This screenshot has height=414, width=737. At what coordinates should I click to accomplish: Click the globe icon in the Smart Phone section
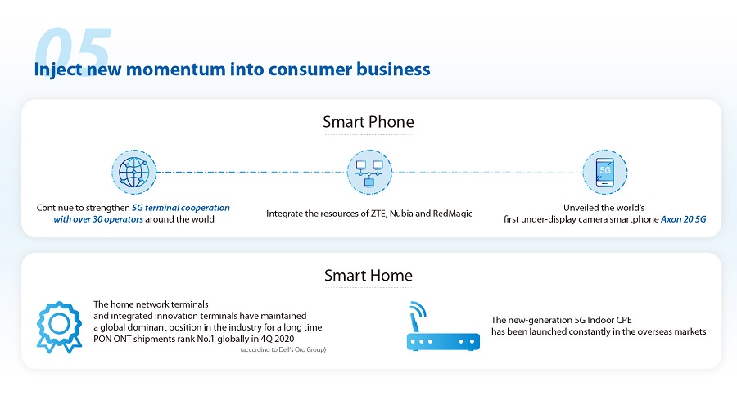pyautogui.click(x=134, y=173)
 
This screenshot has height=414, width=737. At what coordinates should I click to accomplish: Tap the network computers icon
pyautogui.click(x=369, y=173)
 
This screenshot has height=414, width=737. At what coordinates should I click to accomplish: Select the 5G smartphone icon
pyautogui.click(x=605, y=173)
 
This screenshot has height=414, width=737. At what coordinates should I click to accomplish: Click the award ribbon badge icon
pyautogui.click(x=59, y=327)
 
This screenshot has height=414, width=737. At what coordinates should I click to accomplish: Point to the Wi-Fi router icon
pyautogui.click(x=443, y=326)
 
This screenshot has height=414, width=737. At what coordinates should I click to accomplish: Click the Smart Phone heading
pyautogui.click(x=368, y=122)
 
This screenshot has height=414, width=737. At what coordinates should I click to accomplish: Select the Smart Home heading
pyautogui.click(x=368, y=276)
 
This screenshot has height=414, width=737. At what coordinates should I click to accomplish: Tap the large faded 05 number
pyautogui.click(x=73, y=49)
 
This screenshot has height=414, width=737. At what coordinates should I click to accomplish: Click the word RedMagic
pyautogui.click(x=453, y=214)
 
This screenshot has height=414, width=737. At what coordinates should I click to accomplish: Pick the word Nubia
pyautogui.click(x=401, y=214)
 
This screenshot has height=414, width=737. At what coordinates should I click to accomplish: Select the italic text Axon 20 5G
pyautogui.click(x=684, y=219)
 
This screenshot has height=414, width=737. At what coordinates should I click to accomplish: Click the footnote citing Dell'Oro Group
pyautogui.click(x=283, y=349)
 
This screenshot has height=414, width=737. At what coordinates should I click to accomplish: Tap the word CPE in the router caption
pyautogui.click(x=623, y=320)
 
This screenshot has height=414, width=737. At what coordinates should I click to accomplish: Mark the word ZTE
pyautogui.click(x=378, y=214)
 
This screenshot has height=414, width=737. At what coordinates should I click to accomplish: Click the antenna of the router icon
pyautogui.click(x=414, y=320)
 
